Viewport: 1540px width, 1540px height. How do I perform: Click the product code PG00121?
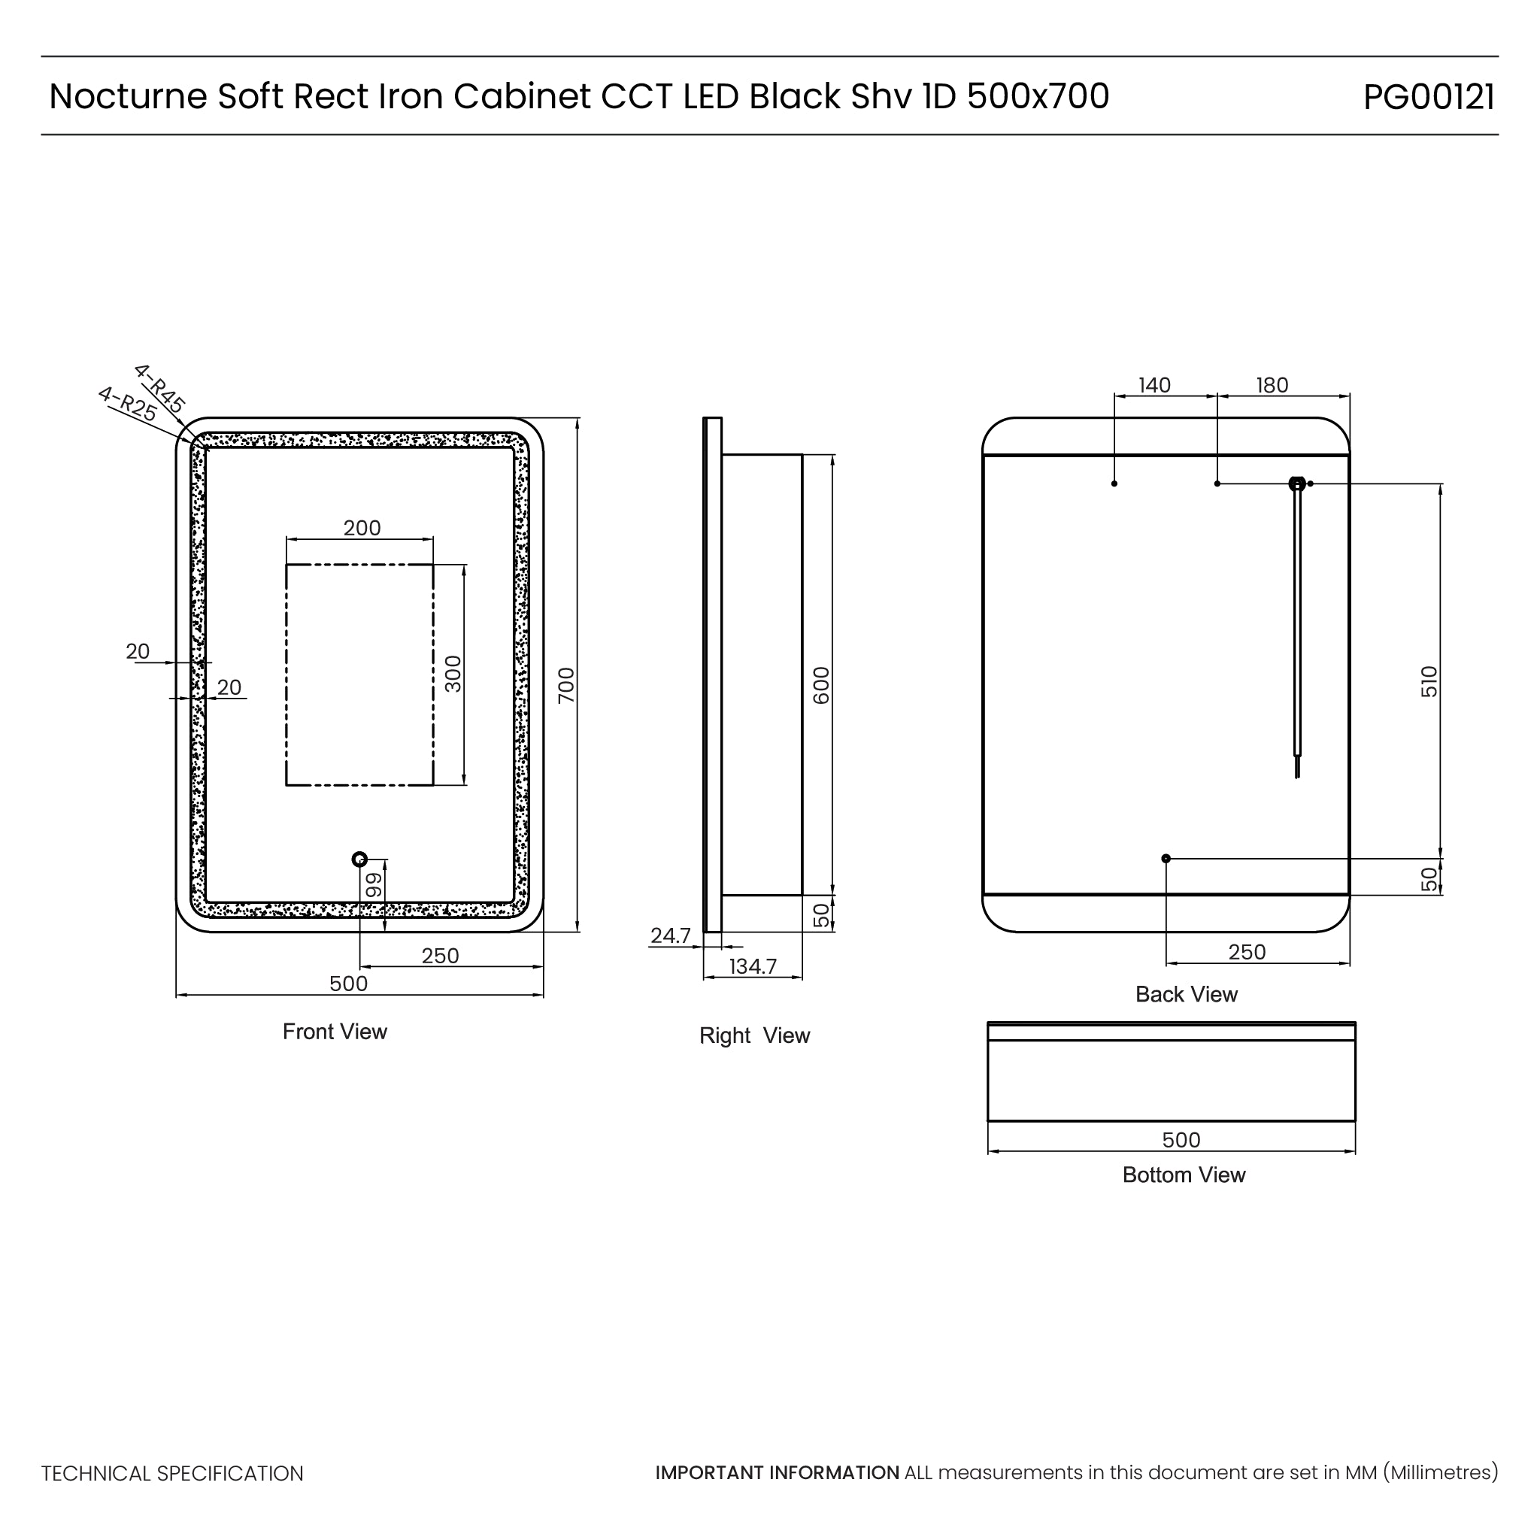[x=1429, y=97]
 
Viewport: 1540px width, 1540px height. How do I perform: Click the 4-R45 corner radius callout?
[x=159, y=388]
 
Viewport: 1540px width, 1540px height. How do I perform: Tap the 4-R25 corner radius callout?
[x=127, y=403]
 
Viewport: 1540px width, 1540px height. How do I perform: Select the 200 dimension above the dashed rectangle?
[x=362, y=528]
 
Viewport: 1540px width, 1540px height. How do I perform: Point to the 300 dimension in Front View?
[x=453, y=674]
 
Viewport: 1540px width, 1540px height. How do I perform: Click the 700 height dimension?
[x=566, y=685]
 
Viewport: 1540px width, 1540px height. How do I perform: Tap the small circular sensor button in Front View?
[x=359, y=859]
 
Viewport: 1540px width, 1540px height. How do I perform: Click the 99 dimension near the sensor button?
[x=373, y=884]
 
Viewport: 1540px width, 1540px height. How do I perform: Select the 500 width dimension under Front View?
[x=348, y=984]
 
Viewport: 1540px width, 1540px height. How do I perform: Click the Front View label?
[x=335, y=1032]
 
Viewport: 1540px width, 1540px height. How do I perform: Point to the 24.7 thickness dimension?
[x=670, y=935]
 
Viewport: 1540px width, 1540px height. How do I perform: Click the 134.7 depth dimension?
[x=753, y=967]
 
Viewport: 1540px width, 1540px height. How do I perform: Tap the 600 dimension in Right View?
[x=821, y=685]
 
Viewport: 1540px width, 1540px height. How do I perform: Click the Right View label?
[x=754, y=1035]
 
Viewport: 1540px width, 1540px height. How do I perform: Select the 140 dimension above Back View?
[x=1154, y=386]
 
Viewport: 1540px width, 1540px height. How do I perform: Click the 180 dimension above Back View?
[x=1272, y=386]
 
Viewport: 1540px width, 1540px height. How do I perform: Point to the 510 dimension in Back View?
[x=1429, y=681]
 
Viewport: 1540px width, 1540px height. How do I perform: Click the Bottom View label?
[x=1184, y=1175]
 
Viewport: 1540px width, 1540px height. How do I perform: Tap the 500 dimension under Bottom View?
[x=1181, y=1140]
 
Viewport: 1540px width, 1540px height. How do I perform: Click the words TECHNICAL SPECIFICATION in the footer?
[x=172, y=1474]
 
